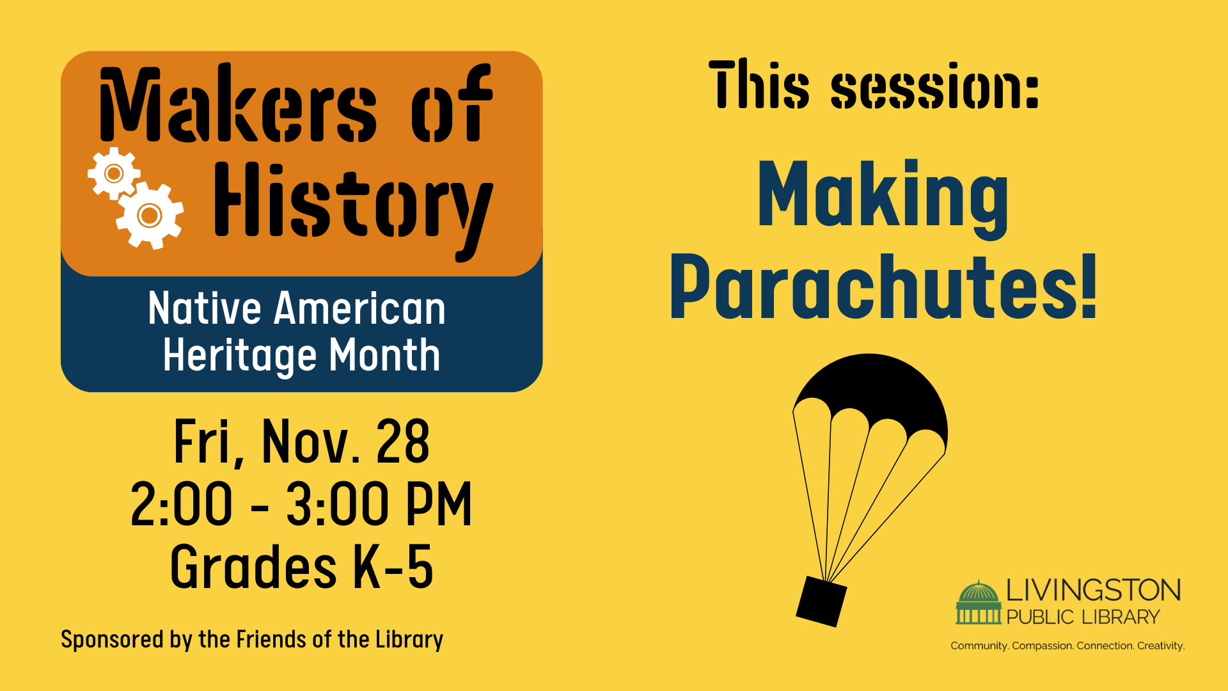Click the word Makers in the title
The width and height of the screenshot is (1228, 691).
(x=238, y=104)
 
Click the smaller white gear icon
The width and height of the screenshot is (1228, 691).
(x=114, y=173)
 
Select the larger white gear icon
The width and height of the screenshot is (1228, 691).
(x=150, y=215)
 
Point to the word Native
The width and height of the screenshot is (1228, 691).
(x=205, y=308)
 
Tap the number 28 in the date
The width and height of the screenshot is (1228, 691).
(x=402, y=441)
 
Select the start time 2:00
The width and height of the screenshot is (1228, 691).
(x=182, y=504)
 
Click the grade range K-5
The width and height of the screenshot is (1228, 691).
(x=393, y=567)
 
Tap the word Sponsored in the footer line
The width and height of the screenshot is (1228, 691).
(x=112, y=640)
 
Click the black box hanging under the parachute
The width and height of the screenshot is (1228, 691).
(x=821, y=601)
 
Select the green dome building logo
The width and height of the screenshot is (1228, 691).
(x=979, y=602)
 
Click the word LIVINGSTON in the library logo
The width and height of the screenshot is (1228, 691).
(x=1094, y=591)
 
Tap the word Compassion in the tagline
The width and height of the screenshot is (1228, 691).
(x=1043, y=646)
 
